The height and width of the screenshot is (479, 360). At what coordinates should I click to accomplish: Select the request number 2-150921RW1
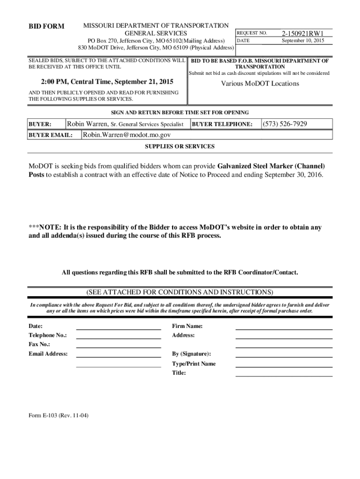302,33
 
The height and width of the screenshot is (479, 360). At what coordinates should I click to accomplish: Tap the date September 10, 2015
302,41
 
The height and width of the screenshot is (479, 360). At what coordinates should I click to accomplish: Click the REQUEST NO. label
252,33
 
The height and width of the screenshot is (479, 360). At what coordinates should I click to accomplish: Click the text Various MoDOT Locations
260,83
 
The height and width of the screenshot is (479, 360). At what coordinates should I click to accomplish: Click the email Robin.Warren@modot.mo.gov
127,135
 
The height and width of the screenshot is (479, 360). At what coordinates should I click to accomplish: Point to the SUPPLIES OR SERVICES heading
180,146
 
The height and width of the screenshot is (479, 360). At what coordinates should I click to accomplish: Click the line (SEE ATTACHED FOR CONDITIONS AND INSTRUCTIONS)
180,292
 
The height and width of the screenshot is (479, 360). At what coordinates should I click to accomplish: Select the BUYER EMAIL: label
50,135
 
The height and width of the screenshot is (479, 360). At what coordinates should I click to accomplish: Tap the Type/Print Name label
194,363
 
